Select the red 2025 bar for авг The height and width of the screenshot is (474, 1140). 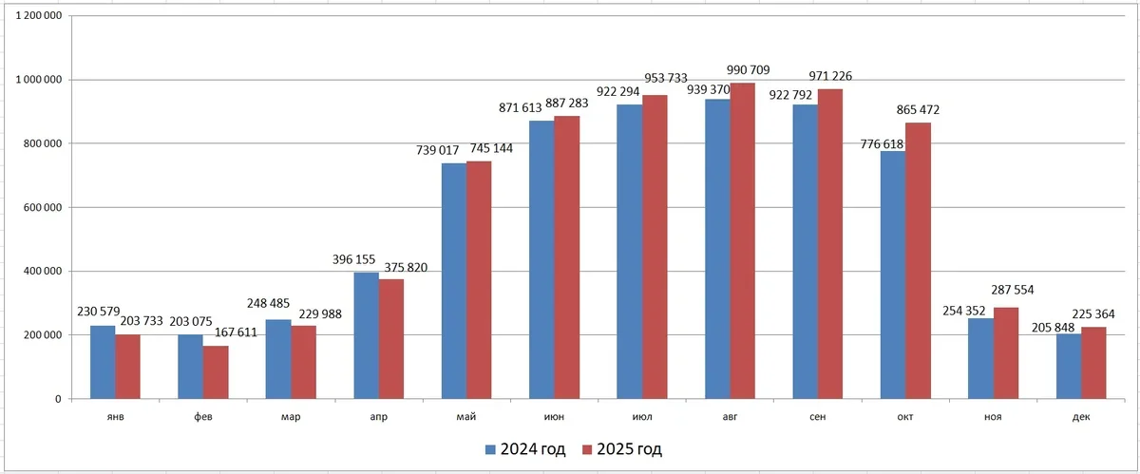click(x=742, y=241)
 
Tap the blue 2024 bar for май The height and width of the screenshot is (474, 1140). click(x=454, y=281)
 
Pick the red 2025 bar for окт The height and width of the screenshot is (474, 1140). click(x=918, y=261)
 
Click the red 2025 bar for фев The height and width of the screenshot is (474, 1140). click(x=216, y=372)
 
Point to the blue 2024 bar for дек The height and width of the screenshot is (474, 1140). click(x=1068, y=367)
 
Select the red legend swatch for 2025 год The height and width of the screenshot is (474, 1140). click(x=587, y=449)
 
